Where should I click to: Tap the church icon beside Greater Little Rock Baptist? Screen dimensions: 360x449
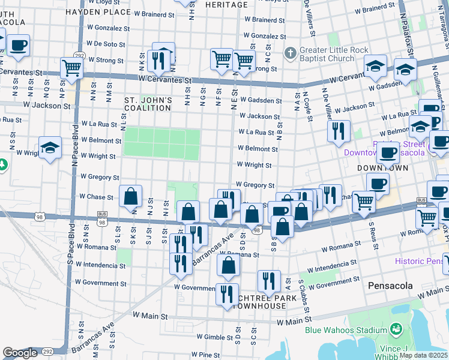(291, 52)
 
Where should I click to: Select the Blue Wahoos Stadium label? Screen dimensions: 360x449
(345, 330)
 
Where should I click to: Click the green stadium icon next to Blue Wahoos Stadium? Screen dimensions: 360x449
(396, 329)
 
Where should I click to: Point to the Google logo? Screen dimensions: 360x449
(19, 353)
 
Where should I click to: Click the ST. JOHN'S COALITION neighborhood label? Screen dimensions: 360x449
(148, 104)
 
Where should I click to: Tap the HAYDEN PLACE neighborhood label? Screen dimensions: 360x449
(98, 12)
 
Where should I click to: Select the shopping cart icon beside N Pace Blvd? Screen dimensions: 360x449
(73, 68)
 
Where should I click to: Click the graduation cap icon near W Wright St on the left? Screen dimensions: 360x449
(50, 148)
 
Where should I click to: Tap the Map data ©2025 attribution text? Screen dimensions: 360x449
(423, 355)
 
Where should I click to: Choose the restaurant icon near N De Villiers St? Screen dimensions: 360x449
(339, 131)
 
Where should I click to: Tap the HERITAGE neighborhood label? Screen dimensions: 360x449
(226, 4)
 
